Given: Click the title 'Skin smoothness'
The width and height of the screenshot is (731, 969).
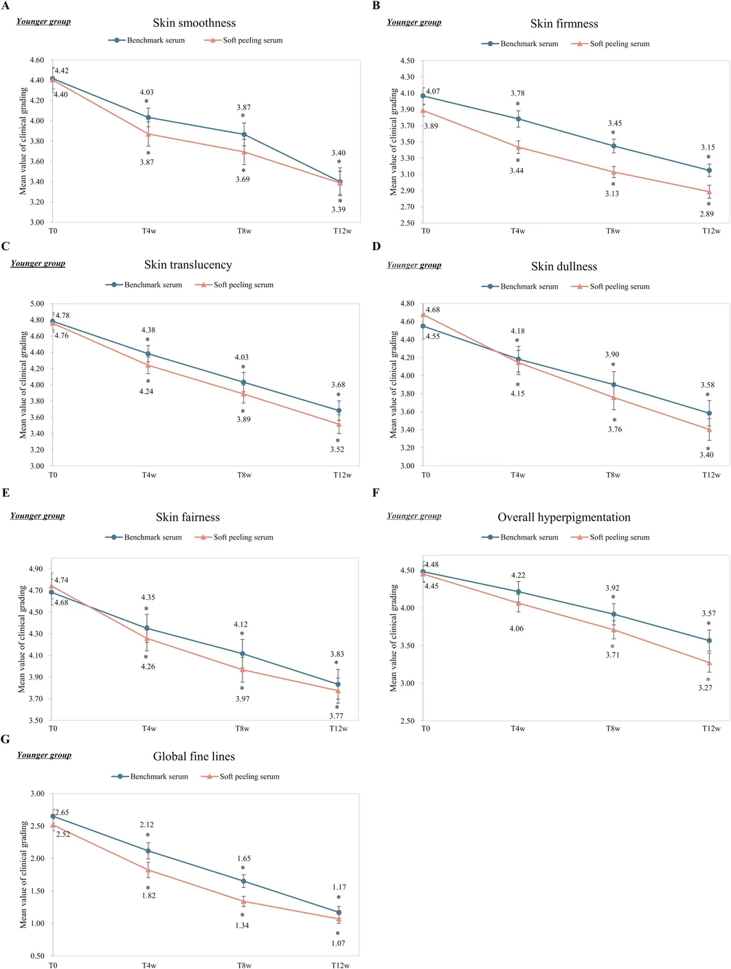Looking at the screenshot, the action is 194,23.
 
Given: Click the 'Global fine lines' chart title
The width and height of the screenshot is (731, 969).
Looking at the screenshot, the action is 194,756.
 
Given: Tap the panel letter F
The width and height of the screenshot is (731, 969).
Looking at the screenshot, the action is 376,492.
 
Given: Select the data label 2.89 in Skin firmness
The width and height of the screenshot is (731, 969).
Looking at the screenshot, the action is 706,214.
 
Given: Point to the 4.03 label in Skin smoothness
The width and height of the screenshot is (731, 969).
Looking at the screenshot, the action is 147,92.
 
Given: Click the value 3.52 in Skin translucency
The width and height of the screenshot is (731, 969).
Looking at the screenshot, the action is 337,449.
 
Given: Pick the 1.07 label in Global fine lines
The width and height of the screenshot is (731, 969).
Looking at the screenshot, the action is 339,943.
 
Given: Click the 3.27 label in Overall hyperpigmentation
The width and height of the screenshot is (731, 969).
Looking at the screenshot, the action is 705,687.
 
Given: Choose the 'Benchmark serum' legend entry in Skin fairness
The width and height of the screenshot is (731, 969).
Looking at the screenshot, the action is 144,537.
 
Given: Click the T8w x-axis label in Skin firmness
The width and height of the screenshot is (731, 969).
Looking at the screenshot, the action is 613,231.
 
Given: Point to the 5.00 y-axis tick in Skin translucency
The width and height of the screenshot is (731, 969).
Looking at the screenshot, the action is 37,304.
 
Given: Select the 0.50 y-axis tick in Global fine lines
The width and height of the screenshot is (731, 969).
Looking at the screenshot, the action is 37,956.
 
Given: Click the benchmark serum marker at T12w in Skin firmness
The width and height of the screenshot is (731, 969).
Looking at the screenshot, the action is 709,170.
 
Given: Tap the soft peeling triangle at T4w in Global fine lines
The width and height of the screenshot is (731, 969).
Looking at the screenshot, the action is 148,870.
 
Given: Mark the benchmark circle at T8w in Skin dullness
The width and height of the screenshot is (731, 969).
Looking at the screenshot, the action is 614,385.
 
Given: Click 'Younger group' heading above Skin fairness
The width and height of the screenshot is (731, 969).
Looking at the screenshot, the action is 38,515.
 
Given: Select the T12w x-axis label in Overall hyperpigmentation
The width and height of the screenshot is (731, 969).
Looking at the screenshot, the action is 711,728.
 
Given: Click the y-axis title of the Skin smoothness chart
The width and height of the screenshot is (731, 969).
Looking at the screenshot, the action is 23,141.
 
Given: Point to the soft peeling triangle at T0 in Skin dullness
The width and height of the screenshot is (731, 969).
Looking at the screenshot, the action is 423,315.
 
